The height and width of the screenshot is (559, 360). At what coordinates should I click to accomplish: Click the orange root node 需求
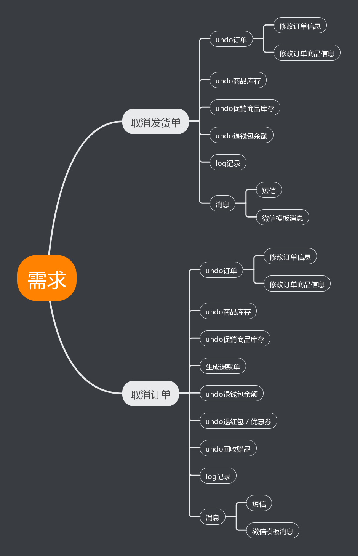click(x=47, y=278)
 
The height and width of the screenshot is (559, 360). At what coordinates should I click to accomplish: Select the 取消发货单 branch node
click(x=155, y=122)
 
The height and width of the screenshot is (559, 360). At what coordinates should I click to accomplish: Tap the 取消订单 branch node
click(x=150, y=394)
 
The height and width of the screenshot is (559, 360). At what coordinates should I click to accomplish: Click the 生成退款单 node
click(x=223, y=366)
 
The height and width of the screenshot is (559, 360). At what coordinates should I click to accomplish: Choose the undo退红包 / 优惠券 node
click(x=238, y=421)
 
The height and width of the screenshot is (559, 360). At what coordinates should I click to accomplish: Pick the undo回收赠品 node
click(x=228, y=448)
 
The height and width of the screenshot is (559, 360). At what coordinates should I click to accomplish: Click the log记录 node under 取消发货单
click(x=228, y=163)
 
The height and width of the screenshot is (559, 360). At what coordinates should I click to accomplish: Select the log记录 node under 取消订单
click(x=218, y=476)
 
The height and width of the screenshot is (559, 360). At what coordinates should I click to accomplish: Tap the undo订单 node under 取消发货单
click(x=231, y=39)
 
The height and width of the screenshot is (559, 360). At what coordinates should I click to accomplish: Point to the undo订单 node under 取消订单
click(x=221, y=270)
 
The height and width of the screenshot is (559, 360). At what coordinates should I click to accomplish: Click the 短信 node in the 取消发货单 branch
click(x=269, y=190)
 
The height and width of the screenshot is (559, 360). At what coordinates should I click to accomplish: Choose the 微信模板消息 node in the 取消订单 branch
click(x=272, y=531)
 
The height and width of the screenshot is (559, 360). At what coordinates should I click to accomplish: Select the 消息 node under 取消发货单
click(x=222, y=204)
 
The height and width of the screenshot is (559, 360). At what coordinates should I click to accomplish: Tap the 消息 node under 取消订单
click(x=212, y=517)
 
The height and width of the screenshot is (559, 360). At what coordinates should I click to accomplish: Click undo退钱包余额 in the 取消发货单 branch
click(x=241, y=135)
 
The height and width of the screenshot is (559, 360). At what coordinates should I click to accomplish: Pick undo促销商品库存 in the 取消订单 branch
click(x=235, y=339)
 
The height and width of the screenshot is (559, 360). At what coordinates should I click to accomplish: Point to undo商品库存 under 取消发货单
click(x=238, y=80)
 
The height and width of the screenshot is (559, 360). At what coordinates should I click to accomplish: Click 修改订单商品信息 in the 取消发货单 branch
click(x=307, y=53)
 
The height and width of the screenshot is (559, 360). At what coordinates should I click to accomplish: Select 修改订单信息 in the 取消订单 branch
click(x=290, y=256)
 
